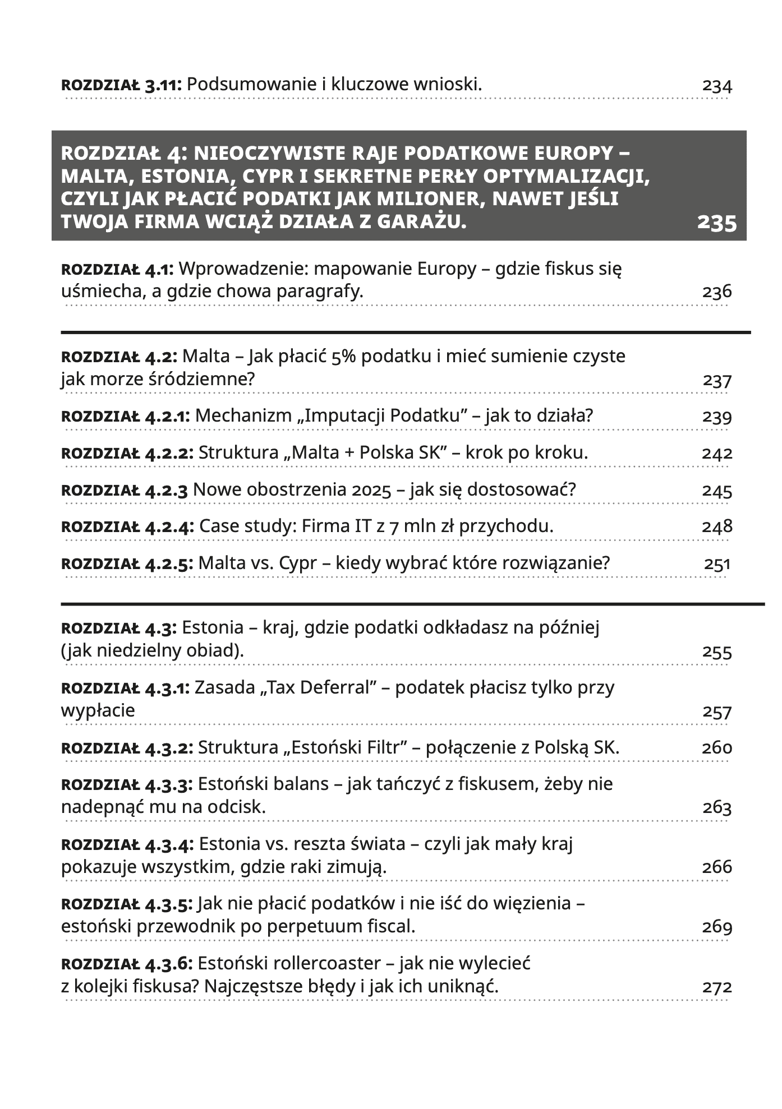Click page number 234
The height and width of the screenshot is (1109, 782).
[x=717, y=86]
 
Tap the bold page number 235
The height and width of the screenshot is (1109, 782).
[x=716, y=223]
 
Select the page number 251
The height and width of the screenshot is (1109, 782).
[x=717, y=563]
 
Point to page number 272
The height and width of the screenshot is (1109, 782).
[x=717, y=987]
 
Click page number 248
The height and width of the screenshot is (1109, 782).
[x=717, y=526]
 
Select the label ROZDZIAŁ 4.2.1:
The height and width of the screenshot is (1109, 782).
[x=126, y=416]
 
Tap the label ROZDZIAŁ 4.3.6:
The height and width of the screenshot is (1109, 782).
[x=127, y=964]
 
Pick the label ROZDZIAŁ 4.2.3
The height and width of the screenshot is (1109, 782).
[x=125, y=490]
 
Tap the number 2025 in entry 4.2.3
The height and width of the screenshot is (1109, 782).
[x=371, y=490]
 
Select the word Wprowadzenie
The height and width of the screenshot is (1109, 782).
[x=243, y=269]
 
